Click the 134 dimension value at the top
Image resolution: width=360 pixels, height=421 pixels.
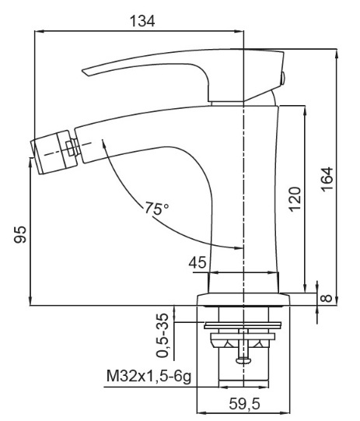tap(142, 21)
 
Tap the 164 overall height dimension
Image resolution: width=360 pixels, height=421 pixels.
tap(327, 179)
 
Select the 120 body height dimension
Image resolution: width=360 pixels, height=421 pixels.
tap(295, 199)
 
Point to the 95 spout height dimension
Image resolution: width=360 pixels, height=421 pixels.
tap(20, 234)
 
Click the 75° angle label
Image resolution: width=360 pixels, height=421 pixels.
tap(157, 208)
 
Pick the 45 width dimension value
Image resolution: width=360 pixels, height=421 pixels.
tap(197, 262)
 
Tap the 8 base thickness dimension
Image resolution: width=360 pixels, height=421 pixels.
tap(327, 298)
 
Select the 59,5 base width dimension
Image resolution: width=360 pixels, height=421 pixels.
tap(244, 404)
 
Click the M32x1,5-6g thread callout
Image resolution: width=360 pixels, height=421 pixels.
tap(149, 376)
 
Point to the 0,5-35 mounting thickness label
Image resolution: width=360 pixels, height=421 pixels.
tap(163, 335)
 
